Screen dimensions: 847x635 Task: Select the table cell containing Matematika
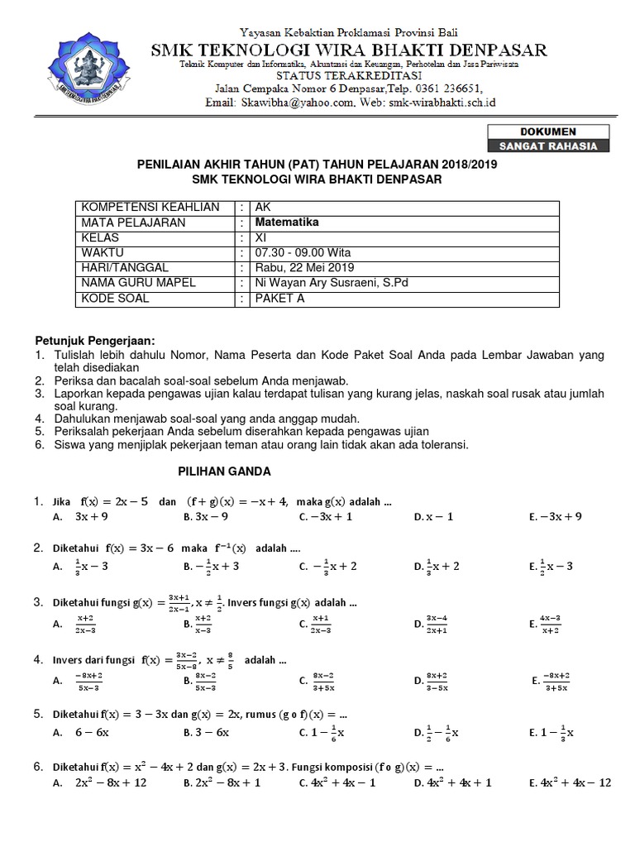click(x=286, y=223)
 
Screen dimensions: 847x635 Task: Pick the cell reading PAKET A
click(x=279, y=299)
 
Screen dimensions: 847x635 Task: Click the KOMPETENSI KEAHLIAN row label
click(x=150, y=208)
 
